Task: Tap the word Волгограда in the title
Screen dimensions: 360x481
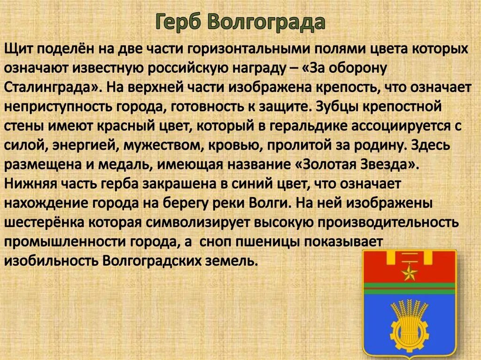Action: (265, 23)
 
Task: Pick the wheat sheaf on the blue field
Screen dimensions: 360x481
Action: (410, 314)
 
